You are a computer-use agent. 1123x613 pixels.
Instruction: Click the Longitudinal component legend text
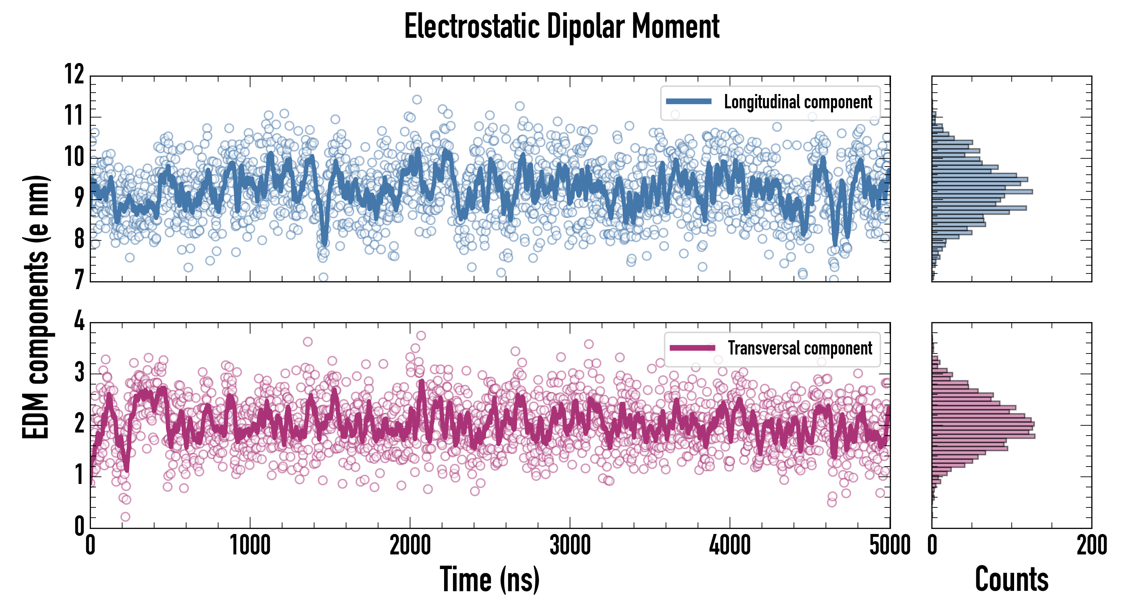coord(798,102)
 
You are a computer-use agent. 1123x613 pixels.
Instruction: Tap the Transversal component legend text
coord(800,348)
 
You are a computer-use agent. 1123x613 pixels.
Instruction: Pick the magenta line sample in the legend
coord(692,348)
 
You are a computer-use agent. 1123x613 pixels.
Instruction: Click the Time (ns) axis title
coord(490,579)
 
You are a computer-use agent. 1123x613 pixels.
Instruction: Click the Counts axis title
coord(1011,579)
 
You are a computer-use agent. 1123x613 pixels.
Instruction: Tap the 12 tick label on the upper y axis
coord(74,74)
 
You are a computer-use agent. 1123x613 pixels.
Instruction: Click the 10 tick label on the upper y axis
coord(74,157)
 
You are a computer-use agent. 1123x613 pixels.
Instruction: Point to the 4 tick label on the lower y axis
coord(79,321)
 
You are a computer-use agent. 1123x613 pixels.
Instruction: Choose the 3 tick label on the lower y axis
coord(79,373)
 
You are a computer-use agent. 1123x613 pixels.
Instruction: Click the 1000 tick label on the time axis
coord(250,545)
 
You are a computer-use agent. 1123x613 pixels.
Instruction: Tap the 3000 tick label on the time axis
coord(570,545)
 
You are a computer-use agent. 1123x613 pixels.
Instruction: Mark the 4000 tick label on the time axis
coord(730,545)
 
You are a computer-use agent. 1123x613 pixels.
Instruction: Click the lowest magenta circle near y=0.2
coord(125,517)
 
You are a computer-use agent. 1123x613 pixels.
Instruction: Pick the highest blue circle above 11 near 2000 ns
coord(417,99)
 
